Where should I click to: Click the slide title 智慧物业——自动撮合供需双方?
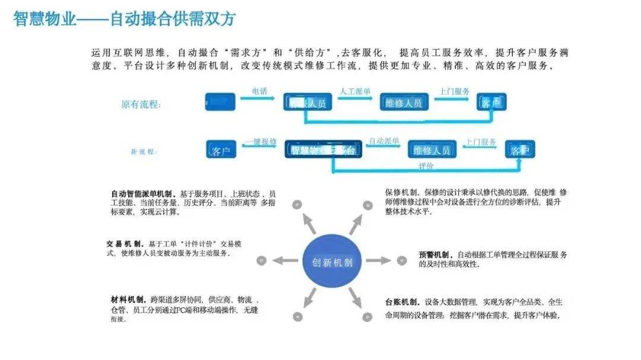click(125, 19)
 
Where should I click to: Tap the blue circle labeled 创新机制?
click(332, 262)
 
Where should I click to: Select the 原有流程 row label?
click(141, 104)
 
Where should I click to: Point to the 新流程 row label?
click(144, 152)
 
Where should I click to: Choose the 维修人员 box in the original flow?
click(404, 103)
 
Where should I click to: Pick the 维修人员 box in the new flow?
click(431, 149)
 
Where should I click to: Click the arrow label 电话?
click(259, 91)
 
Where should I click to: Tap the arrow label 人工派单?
click(355, 91)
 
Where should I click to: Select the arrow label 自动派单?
click(383, 142)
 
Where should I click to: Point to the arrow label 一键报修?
click(261, 142)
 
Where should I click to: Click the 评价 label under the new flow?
click(426, 166)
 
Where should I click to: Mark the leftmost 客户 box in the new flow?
click(221, 151)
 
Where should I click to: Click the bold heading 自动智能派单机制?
click(143, 194)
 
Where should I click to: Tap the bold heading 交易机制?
click(125, 244)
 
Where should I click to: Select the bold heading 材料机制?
click(128, 299)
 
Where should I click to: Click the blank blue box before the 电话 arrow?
click(220, 102)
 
